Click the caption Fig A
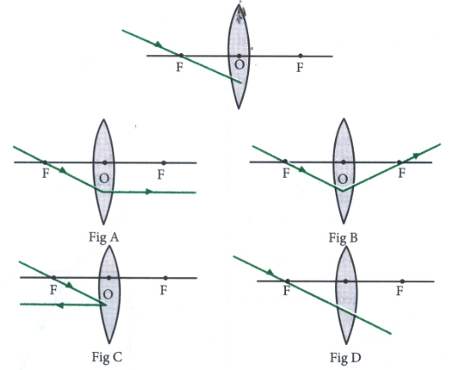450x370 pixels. coord(104,238)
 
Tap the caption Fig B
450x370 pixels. coord(344,238)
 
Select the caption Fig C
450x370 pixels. coord(106,357)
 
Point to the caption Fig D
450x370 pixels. coord(345,358)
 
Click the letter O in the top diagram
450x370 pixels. coord(240,65)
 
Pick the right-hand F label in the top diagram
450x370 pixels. coord(300,68)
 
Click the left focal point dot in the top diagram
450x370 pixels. coord(181,55)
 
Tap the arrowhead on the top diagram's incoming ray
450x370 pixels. coord(159,45)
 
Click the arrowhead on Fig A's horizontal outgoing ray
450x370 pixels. coord(149,191)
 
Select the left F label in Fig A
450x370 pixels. coord(46,173)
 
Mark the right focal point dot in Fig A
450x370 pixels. coord(163,163)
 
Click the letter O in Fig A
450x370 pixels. coord(104,179)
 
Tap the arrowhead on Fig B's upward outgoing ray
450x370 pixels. coord(417,155)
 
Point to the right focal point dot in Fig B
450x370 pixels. coord(399,162)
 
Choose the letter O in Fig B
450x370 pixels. coord(343,179)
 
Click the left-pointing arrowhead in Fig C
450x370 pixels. coord(59,305)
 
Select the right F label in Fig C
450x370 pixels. coord(163,290)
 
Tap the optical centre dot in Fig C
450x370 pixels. coord(109,277)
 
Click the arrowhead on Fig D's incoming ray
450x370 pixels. coord(271,272)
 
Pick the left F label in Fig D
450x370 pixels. coord(287,291)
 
